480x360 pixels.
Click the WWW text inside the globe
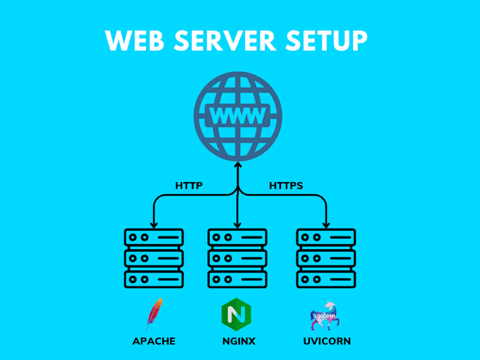[238, 115]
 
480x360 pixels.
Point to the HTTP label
[188, 186]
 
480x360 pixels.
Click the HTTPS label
[286, 186]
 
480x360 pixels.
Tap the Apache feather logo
[154, 315]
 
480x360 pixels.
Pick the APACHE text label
[154, 342]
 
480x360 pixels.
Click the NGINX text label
[237, 342]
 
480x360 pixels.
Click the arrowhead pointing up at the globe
[238, 166]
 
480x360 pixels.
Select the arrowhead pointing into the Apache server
[154, 224]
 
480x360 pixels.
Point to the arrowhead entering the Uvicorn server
[325, 224]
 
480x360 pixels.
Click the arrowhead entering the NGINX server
[238, 224]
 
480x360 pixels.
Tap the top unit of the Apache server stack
[154, 237]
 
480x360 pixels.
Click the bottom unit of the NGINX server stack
[237, 279]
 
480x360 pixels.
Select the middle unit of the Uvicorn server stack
[325, 258]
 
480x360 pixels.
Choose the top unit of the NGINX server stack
[237, 237]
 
